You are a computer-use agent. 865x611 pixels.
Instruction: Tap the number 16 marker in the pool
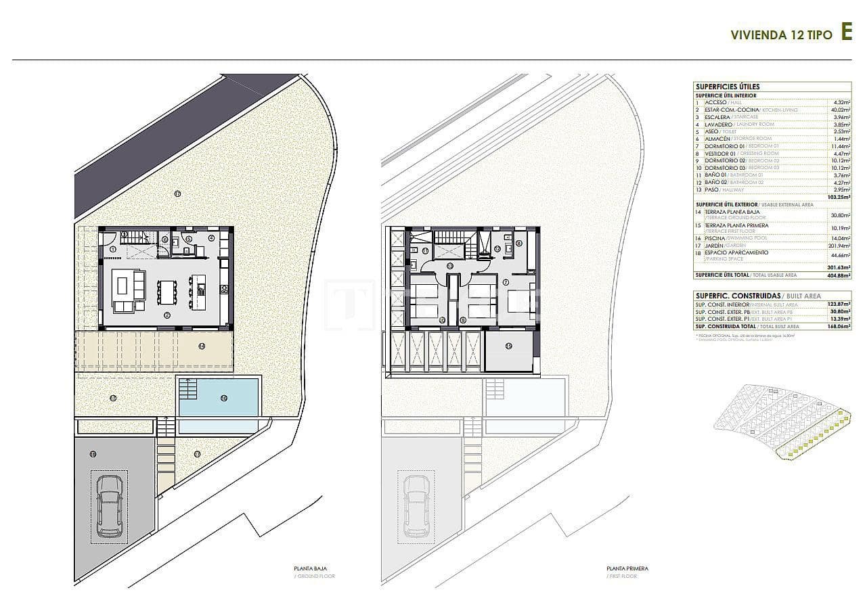(x=223, y=398)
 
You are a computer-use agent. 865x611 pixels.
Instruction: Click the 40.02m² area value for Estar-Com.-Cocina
(x=839, y=110)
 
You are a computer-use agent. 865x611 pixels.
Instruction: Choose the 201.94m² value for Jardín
(x=838, y=246)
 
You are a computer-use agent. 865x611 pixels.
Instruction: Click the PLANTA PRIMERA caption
(x=627, y=569)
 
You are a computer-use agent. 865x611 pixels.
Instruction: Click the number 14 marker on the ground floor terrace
(x=202, y=346)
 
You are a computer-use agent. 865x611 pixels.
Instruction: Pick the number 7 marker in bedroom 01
(x=506, y=282)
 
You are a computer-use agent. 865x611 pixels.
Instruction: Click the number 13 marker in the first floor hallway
(x=449, y=265)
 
